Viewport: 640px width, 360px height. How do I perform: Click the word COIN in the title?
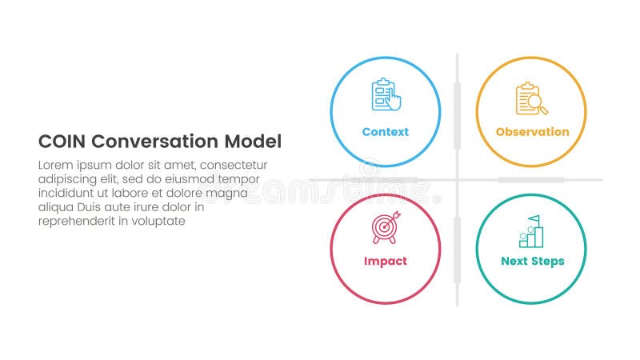(x=62, y=142)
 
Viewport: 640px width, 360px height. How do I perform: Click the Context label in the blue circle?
(x=385, y=132)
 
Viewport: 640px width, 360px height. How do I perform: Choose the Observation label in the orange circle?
(x=532, y=132)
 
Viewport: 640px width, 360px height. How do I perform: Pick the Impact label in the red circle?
(x=385, y=261)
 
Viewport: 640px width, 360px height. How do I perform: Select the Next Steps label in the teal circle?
(x=532, y=261)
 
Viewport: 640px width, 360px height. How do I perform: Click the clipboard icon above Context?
(x=384, y=95)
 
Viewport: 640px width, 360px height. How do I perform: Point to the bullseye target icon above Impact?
(x=384, y=228)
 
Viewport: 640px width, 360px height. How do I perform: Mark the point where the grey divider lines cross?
(x=457, y=179)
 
